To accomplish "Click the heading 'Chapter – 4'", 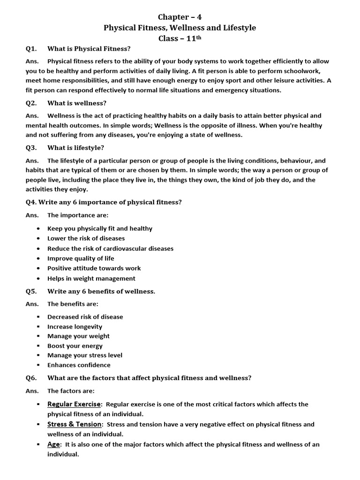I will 180,17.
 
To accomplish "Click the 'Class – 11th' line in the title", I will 180,38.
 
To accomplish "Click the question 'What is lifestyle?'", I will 75,148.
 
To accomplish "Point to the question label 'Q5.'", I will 31,292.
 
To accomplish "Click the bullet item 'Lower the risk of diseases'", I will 86,239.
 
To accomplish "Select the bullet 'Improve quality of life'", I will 81,258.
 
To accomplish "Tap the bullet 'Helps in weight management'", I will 91,278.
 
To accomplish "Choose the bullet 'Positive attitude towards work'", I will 94,268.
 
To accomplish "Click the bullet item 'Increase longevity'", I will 75,327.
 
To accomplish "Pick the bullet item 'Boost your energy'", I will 75,346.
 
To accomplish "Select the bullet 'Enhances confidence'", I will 79,365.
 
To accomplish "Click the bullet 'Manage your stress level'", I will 84,355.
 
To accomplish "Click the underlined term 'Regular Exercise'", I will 74,404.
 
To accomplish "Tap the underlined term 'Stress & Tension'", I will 74,424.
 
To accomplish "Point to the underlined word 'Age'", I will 54,444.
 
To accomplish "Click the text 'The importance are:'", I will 77,215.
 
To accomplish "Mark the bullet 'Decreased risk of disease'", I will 85,317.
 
